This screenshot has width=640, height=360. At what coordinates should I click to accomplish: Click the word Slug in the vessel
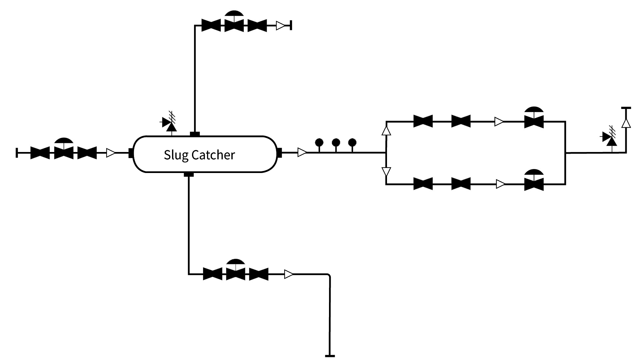point(176,155)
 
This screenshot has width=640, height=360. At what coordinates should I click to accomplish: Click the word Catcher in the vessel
point(213,155)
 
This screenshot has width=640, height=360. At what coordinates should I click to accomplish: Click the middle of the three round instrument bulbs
point(336,143)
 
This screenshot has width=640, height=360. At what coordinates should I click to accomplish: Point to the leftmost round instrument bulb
point(319,143)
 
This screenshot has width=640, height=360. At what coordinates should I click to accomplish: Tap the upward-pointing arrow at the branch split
point(386,130)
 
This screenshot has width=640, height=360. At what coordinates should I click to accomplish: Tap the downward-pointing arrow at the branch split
point(386,172)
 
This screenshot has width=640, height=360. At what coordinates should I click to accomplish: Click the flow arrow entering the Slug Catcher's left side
point(111,153)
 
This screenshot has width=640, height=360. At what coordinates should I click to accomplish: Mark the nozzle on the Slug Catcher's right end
point(280,153)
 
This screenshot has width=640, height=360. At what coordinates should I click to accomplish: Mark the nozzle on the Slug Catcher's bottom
point(189,174)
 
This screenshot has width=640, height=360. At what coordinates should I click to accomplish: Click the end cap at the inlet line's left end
point(17,153)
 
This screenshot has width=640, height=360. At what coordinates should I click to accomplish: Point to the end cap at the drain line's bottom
point(330,356)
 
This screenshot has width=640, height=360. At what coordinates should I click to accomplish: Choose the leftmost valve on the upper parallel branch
point(423,121)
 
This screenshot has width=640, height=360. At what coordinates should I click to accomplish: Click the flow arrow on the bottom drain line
point(289,274)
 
